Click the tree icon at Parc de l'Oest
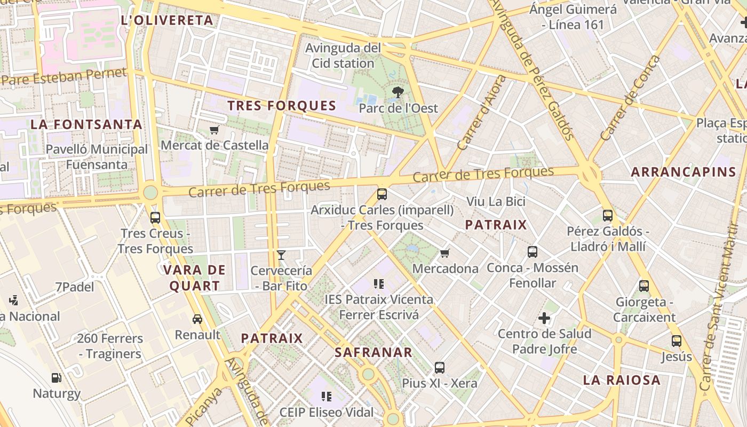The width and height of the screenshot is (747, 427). coord(397,92)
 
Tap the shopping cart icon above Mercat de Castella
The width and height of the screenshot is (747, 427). coord(214,130)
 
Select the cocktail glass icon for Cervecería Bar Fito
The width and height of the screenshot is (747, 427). coord(281,255)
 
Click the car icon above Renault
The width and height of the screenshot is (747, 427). coord(197,319)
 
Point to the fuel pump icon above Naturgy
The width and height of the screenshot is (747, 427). coord(56,378)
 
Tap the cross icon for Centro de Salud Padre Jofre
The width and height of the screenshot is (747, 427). coord(544,319)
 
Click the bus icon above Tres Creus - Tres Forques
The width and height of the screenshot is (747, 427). coord(155,218)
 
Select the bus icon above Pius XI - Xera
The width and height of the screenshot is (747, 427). coord(439,367)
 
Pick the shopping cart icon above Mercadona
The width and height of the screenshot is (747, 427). coord(444,253)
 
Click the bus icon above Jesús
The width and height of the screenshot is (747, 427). coord(676,341)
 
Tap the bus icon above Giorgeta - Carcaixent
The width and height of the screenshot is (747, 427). coord(644,286)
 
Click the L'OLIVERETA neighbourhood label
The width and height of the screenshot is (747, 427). coord(167,21)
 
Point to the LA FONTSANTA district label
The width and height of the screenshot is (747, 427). coord(86,125)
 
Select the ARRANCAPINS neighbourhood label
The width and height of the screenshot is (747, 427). coord(684,172)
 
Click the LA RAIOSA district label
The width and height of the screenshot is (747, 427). coord(622,380)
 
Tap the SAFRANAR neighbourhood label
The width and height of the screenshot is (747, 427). coord(373,352)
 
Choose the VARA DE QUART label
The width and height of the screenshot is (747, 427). coord(195,278)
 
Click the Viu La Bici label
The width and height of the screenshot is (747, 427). coord(496,202)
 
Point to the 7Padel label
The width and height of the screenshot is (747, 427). coord(75,287)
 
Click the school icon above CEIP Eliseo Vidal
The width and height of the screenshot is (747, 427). coord(327,397)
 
